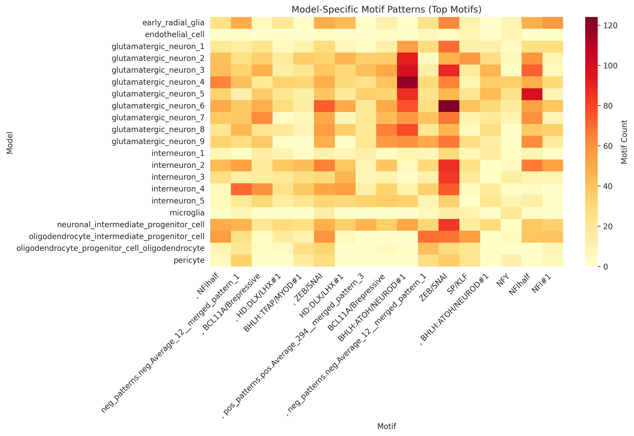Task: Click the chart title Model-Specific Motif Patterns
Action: (386, 10)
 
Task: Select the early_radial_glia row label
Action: (173, 23)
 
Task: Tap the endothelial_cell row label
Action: (175, 35)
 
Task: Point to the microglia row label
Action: (187, 213)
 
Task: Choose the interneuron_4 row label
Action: (178, 189)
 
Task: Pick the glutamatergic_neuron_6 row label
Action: (158, 106)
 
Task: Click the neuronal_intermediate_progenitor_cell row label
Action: (131, 225)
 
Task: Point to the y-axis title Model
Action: (10, 143)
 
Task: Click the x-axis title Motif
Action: (386, 426)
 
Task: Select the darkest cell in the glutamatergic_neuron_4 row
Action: (407, 82)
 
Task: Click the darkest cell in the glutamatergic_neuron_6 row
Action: (449, 106)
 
